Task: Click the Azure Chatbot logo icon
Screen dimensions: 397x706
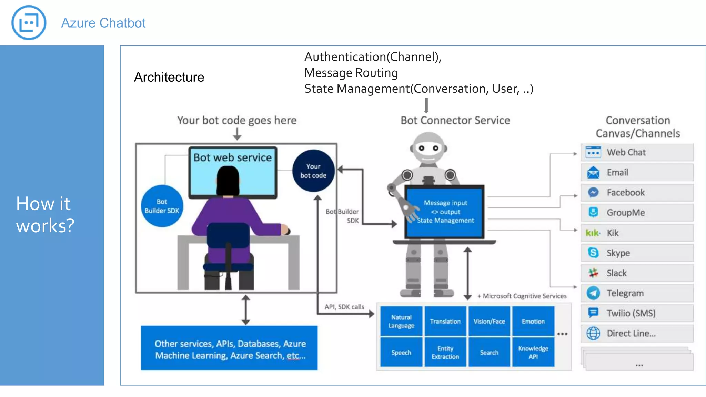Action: click(x=29, y=23)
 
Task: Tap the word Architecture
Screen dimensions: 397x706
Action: click(x=169, y=77)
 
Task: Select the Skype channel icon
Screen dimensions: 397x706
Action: click(x=593, y=253)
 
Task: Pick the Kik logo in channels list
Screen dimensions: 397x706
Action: click(x=593, y=233)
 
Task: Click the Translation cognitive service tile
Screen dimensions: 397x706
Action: click(x=445, y=321)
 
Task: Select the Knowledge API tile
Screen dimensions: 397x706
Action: click(x=533, y=352)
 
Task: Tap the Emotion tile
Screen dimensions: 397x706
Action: click(x=533, y=321)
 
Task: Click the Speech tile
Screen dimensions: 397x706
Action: click(x=401, y=352)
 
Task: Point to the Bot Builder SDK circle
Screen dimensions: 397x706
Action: click(x=162, y=206)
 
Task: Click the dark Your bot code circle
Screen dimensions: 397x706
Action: click(x=313, y=171)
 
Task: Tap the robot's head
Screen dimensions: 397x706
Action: click(x=428, y=148)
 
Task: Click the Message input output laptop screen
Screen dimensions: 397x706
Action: click(x=445, y=212)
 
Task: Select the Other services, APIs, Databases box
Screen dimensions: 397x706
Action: click(x=229, y=348)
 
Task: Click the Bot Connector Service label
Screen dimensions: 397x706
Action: click(x=455, y=120)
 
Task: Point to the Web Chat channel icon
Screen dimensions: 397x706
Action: click(x=593, y=152)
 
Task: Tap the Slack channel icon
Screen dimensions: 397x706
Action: click(x=593, y=273)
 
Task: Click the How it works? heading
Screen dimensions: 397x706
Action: click(x=45, y=214)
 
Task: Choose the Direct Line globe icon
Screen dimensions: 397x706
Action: click(x=593, y=333)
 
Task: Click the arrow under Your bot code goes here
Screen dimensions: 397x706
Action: click(x=237, y=134)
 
